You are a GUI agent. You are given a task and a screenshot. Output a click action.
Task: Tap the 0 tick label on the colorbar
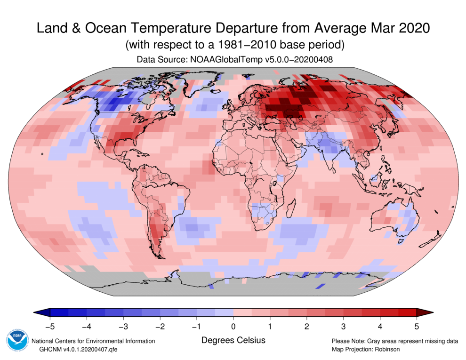(x=233, y=325)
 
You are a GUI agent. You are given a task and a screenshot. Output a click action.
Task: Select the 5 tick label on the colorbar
(x=417, y=325)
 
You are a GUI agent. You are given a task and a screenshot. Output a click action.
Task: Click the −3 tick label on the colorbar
(x=122, y=325)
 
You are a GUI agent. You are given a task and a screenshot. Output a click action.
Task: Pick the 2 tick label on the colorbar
(x=306, y=325)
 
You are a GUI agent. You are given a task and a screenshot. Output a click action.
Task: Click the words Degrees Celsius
(x=233, y=340)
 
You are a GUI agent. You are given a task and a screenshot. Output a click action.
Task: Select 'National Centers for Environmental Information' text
(x=93, y=341)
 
